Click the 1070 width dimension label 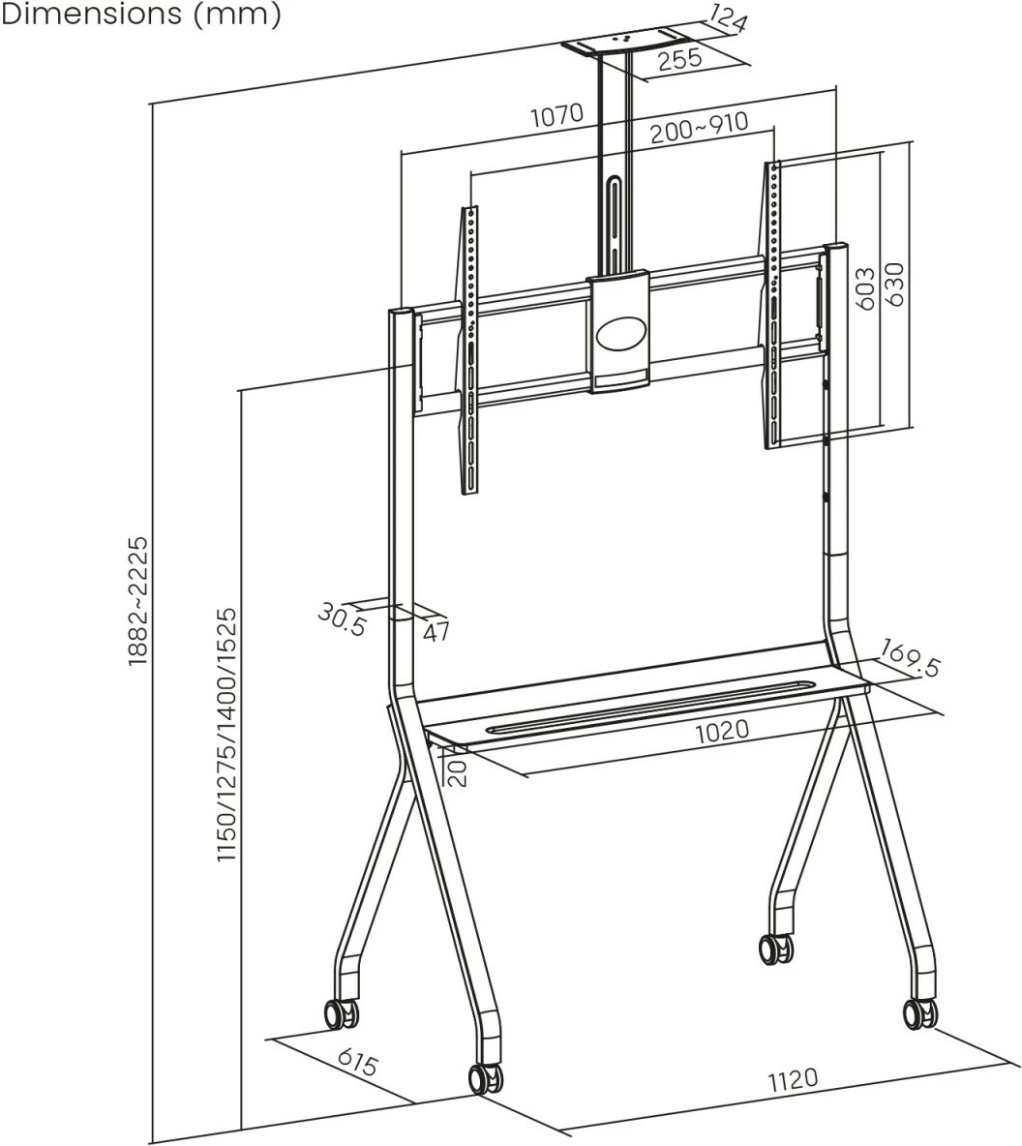(556, 115)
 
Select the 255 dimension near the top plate (679, 60)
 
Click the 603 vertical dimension (866, 287)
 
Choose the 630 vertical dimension (895, 285)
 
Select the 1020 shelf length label (722, 728)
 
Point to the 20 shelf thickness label (457, 771)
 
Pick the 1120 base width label (793, 1078)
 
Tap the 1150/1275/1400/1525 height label (226, 736)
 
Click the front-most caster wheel (484, 1078)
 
